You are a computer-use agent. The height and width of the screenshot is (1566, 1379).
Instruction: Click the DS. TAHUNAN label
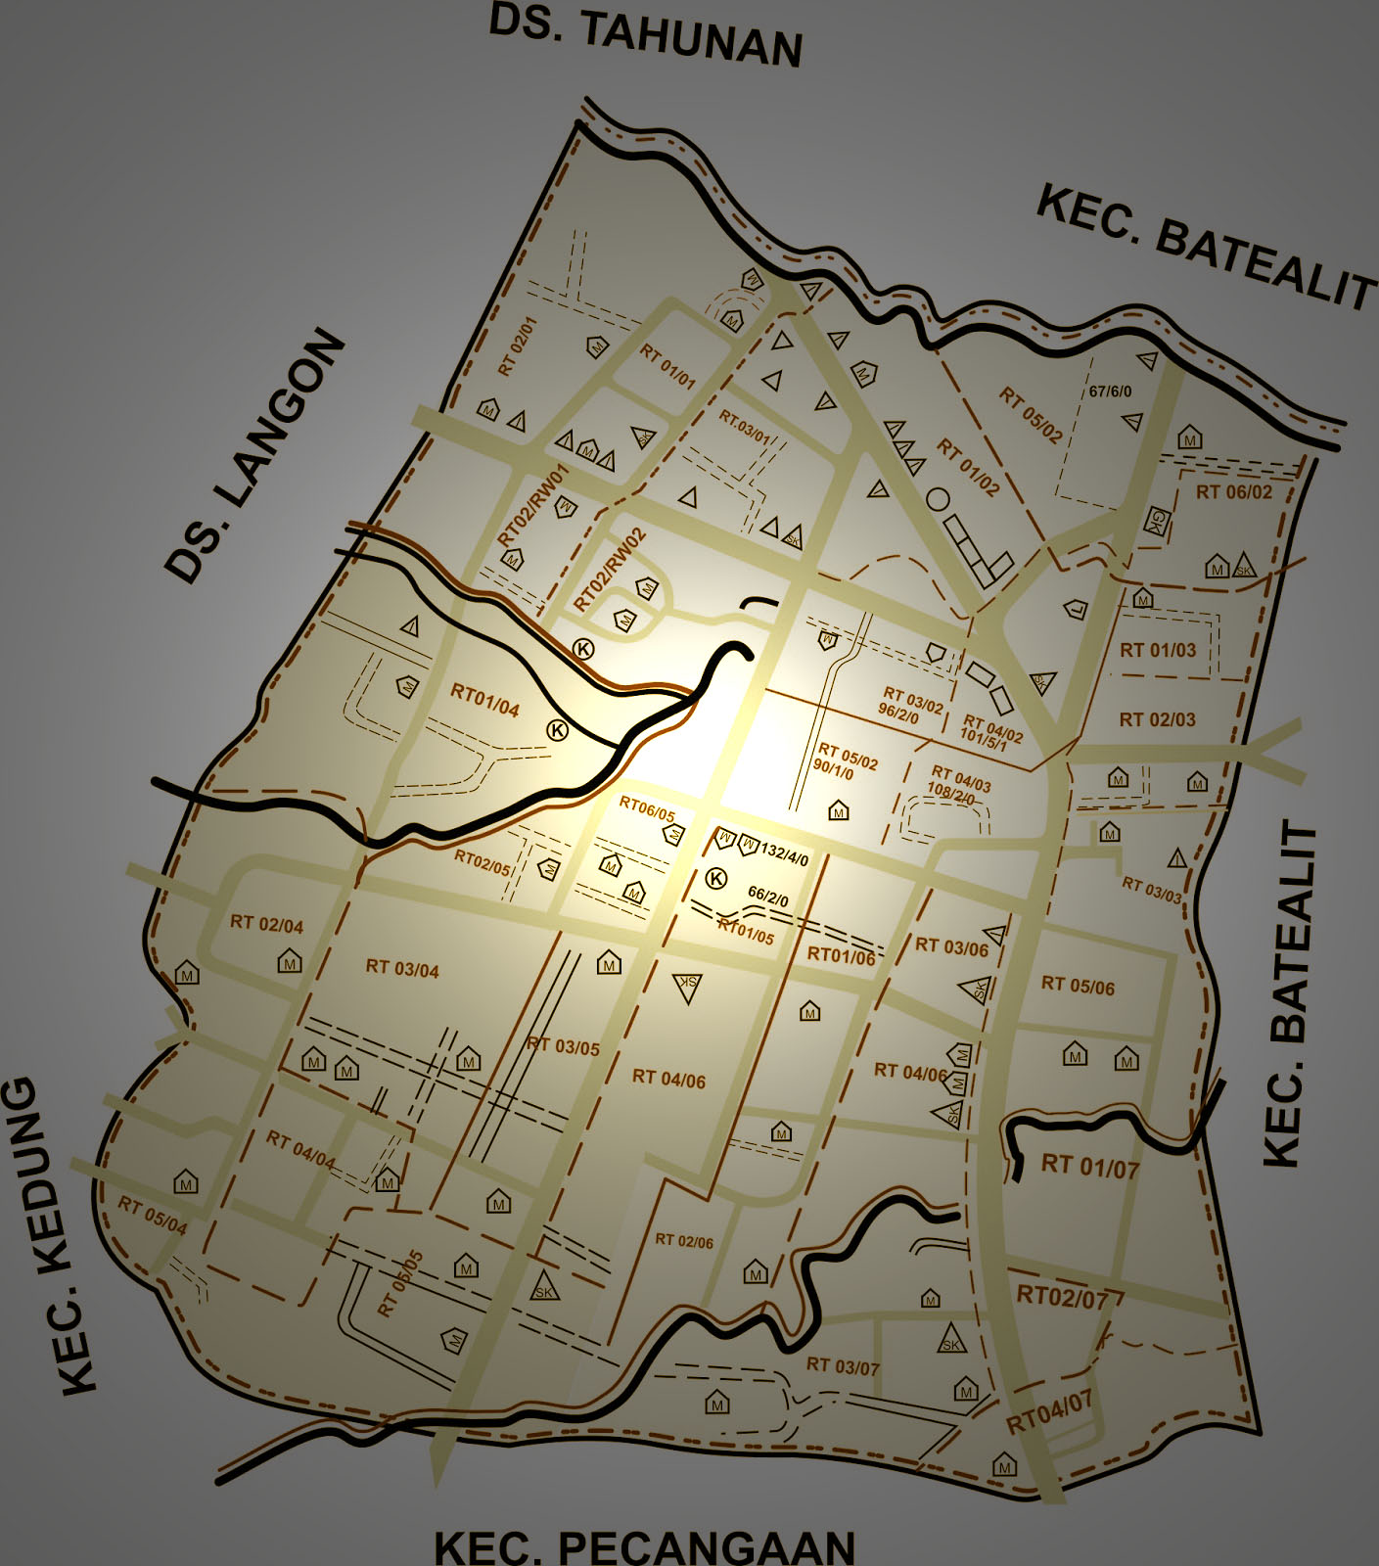pyautogui.click(x=645, y=37)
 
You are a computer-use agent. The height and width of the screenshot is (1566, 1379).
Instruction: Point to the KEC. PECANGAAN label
pyautogui.click(x=645, y=1546)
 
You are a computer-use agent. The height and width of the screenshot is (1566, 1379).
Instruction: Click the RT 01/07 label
pyautogui.click(x=1089, y=1166)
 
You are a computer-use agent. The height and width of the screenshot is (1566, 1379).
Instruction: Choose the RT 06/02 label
pyautogui.click(x=1233, y=492)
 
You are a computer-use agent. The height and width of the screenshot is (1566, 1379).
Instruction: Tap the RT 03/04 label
pyautogui.click(x=402, y=969)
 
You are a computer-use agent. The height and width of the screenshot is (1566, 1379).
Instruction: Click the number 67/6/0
pyautogui.click(x=1110, y=391)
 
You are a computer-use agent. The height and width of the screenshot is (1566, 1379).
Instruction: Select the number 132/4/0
pyautogui.click(x=785, y=854)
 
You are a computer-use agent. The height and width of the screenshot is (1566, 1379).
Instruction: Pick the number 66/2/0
pyautogui.click(x=768, y=895)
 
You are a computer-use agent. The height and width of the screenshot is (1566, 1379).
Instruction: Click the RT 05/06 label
pyautogui.click(x=1078, y=986)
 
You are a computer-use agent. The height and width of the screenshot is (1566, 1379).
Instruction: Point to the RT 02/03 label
pyautogui.click(x=1157, y=719)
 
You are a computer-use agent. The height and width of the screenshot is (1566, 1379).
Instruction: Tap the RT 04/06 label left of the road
pyautogui.click(x=668, y=1079)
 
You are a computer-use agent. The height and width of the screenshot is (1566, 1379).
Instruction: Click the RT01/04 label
pyautogui.click(x=484, y=701)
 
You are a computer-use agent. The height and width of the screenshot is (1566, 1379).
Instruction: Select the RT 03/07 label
pyautogui.click(x=843, y=1365)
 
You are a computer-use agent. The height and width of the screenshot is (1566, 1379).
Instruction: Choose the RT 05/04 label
pyautogui.click(x=153, y=1215)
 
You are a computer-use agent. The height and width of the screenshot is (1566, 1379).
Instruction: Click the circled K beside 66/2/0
pyautogui.click(x=716, y=878)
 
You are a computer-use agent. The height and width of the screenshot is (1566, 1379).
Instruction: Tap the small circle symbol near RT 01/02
pyautogui.click(x=938, y=499)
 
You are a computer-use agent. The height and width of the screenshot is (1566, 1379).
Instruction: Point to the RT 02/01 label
pyautogui.click(x=518, y=346)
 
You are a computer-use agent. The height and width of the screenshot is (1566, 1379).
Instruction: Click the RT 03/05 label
pyautogui.click(x=563, y=1046)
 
